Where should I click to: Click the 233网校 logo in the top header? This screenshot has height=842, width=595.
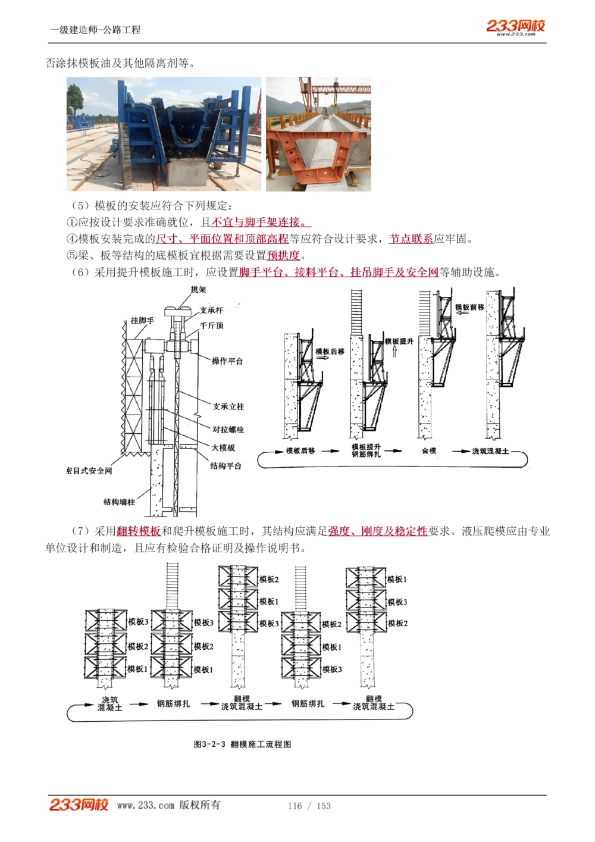pos(515,26)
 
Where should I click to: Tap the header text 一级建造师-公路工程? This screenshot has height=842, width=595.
pos(95,30)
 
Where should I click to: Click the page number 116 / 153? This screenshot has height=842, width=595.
pos(309,806)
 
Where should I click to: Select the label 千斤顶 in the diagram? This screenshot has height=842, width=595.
pos(212,325)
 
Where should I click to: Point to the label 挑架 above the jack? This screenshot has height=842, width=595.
pos(198,290)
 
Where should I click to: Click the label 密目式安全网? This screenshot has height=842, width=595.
pos(89,471)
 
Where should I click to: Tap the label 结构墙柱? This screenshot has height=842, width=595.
pos(119,502)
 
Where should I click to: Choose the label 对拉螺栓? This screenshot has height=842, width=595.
pos(228,429)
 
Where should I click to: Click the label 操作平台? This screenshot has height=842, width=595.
pos(227,361)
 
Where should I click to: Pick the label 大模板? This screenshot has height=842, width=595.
pos(223,447)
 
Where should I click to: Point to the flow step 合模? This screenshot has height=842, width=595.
pos(429,451)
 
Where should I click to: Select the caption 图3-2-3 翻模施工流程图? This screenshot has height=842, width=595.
pos(243,744)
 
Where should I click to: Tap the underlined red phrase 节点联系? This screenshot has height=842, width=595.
pos(411,239)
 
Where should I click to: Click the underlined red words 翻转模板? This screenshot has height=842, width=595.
pos(139,531)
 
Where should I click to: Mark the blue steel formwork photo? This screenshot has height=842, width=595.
pos(164,134)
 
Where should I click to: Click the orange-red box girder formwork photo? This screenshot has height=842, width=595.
pos(318,134)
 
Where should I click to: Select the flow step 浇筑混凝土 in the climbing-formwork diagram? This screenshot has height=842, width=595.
pos(490,451)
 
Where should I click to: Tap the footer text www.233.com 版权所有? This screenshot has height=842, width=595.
pos(168,805)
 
